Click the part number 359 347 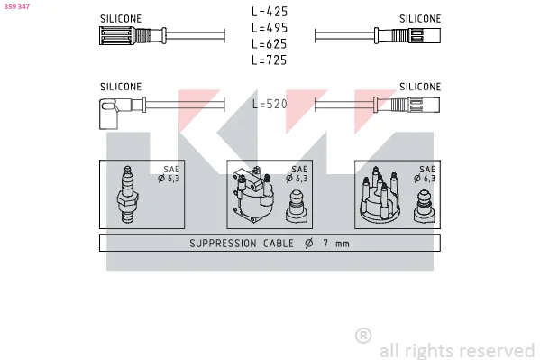tap(17, 6)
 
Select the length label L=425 tap(270, 12)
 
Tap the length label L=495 tap(270, 28)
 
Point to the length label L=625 tap(270, 44)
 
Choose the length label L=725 tap(270, 60)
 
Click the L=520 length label tap(270, 104)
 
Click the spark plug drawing tap(127, 195)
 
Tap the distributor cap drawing tap(380, 195)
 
